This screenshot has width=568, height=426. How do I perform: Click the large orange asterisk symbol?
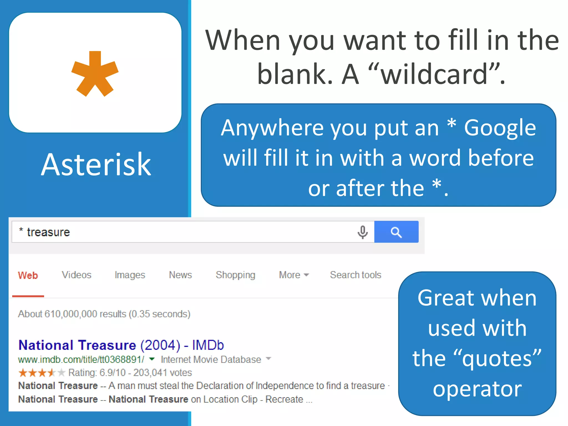(95, 74)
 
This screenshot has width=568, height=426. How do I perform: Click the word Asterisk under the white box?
(96, 165)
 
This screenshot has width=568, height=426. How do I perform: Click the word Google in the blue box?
(500, 128)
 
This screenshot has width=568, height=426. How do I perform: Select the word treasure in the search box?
(48, 232)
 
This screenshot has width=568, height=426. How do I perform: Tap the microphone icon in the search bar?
(362, 232)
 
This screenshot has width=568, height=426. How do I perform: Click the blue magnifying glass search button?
(396, 232)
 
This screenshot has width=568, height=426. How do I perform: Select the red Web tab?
(28, 275)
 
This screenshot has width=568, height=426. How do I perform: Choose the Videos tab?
(77, 275)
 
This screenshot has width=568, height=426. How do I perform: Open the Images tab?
(130, 275)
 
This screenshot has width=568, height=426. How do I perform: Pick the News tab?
(180, 275)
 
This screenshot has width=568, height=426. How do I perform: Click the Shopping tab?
(235, 275)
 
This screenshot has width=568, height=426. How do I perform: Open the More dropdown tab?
(294, 275)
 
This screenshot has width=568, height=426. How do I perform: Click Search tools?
(356, 275)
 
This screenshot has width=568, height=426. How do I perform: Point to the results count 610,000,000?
(71, 314)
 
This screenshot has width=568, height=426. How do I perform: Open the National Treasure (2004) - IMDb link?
(121, 345)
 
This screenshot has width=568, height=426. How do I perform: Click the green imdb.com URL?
(81, 359)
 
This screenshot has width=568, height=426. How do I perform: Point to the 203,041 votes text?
(163, 372)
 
